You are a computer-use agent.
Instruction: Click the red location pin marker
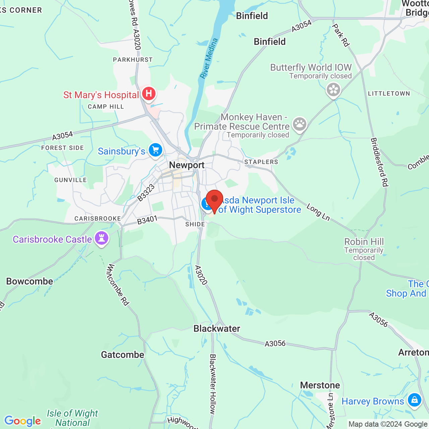coord(214,200)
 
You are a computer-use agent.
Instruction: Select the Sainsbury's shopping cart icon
coord(156,150)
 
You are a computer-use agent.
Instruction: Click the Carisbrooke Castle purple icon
coord(102,238)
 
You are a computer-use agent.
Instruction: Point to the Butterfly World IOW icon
coord(333,89)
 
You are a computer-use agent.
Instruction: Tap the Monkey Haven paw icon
coord(299,124)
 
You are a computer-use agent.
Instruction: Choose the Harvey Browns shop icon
coord(415,400)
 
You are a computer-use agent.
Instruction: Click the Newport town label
coord(187,165)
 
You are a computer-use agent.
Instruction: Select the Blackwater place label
coord(217,328)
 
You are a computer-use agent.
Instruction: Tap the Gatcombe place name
coord(123,355)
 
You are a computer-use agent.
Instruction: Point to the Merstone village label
coord(320,385)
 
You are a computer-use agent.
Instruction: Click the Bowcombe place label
coord(30,281)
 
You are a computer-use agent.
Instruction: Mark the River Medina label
coord(209,59)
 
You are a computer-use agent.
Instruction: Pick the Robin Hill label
coord(364,242)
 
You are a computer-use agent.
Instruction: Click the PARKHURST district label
coord(133,60)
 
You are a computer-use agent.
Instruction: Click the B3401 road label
coord(147,220)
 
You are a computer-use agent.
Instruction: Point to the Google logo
coord(23,421)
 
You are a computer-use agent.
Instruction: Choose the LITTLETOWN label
coord(389,94)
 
